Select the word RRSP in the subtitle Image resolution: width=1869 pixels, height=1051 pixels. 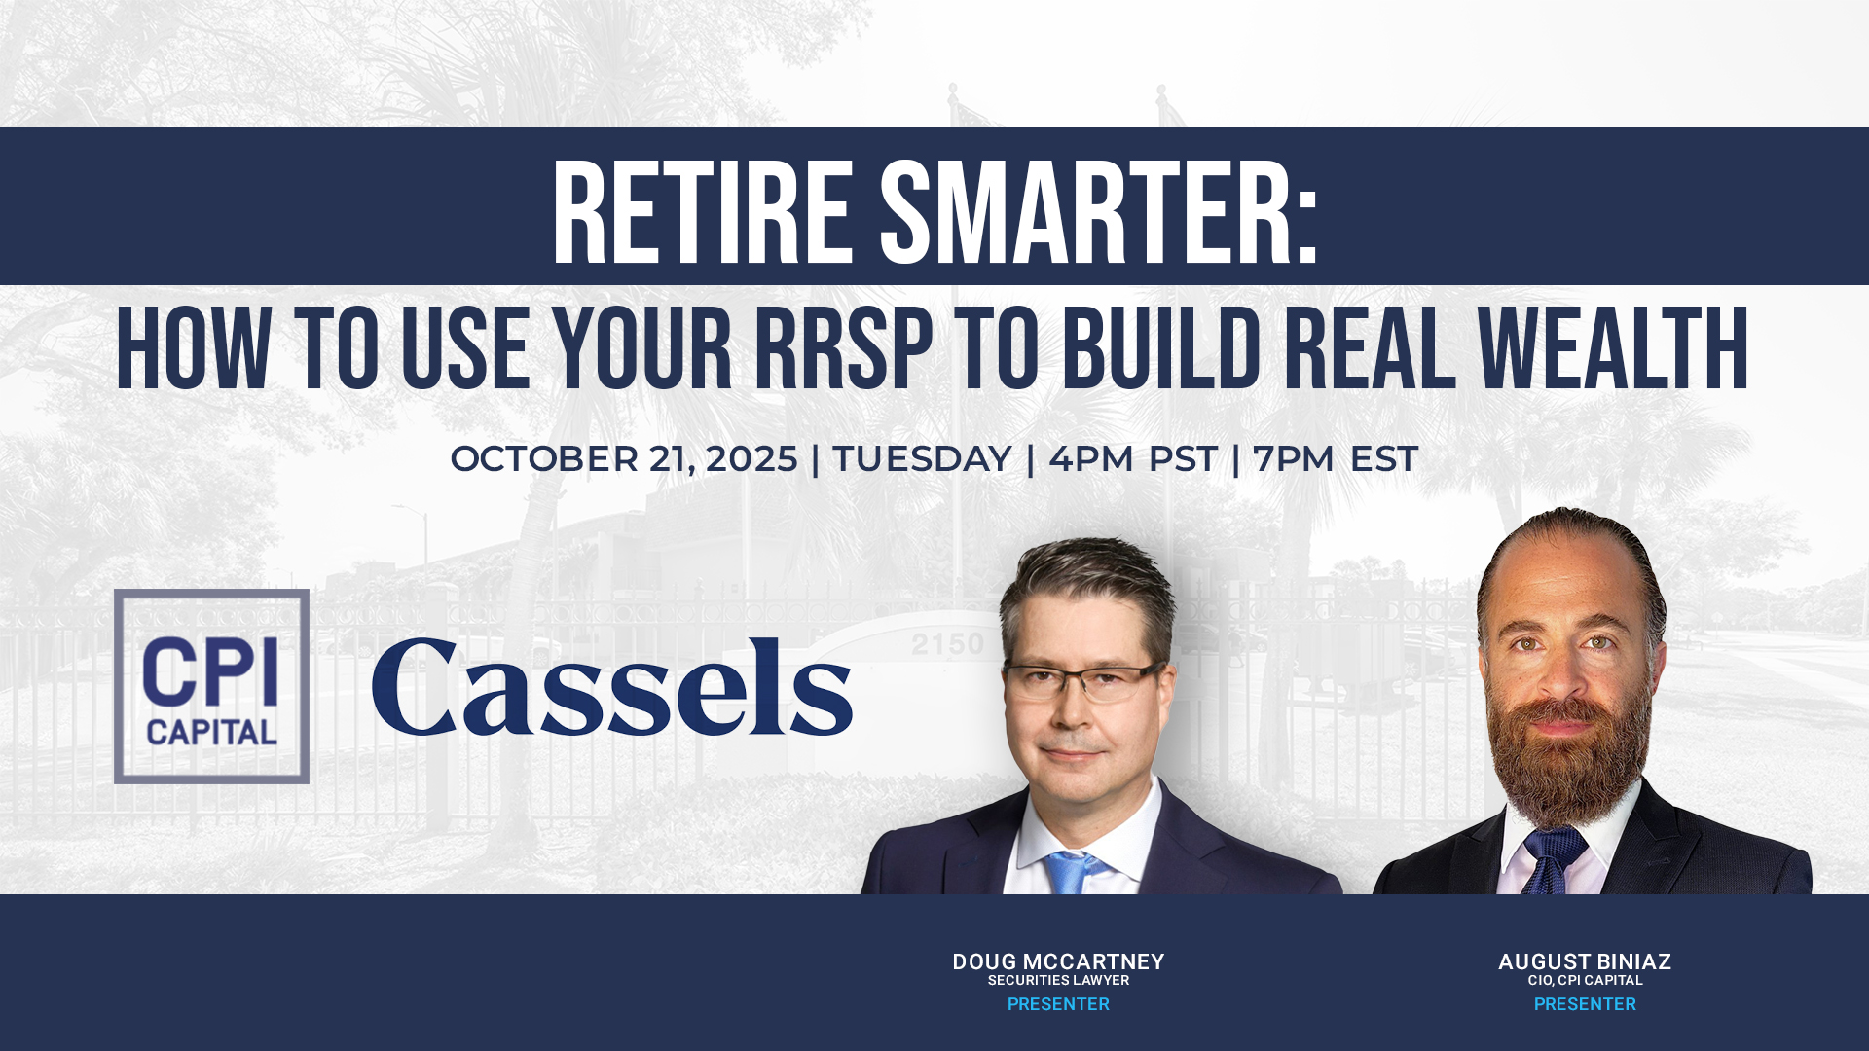843,349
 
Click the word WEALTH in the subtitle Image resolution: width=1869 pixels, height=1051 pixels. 1612,349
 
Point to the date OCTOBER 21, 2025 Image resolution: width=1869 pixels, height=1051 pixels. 623,459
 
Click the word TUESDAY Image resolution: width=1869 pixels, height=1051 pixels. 922,459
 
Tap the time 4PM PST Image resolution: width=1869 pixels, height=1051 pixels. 1132,459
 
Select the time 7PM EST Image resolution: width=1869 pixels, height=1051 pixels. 1335,459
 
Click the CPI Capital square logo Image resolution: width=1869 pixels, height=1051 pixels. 211,686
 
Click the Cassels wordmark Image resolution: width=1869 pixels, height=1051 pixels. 611,688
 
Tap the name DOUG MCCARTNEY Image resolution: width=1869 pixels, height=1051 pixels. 1058,961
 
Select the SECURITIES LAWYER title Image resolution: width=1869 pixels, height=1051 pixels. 1058,981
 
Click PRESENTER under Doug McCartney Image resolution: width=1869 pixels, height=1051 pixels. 1058,1004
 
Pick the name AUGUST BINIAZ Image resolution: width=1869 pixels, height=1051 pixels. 1584,961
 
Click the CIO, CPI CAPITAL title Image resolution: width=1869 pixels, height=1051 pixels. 1584,981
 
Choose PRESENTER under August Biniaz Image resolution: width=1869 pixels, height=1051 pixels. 1584,1004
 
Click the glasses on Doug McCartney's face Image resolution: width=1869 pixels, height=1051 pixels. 1082,681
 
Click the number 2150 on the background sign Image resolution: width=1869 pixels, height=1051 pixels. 947,644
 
